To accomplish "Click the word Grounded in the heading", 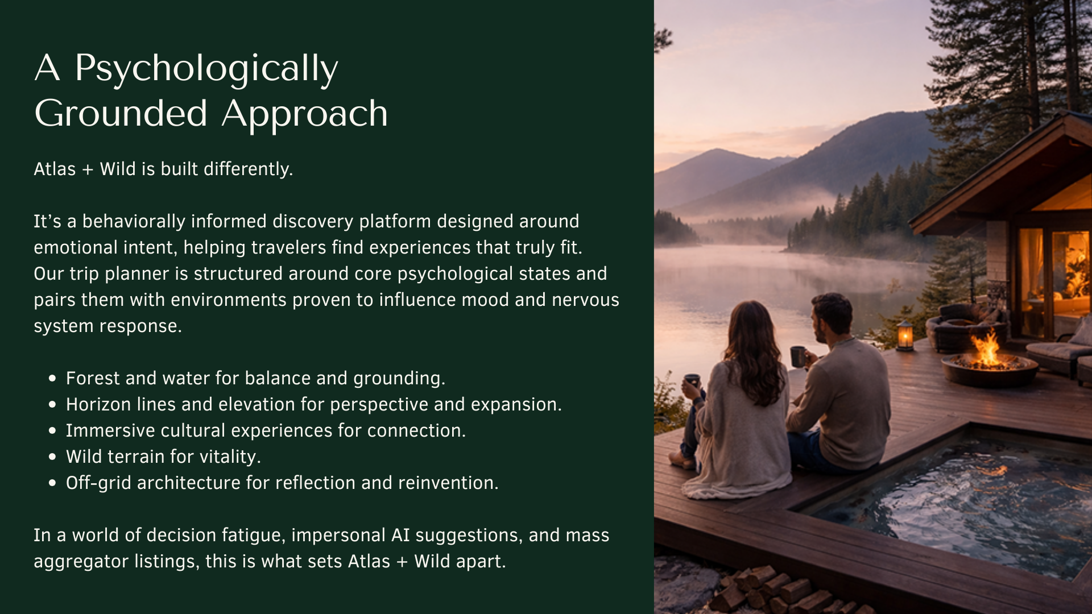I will pyautogui.click(x=121, y=114).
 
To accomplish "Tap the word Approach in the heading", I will pyautogui.click(x=304, y=114).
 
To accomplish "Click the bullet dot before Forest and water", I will pyautogui.click(x=53, y=379).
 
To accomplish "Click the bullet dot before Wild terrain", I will pyautogui.click(x=53, y=457).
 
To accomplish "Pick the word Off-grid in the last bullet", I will pyautogui.click(x=98, y=483).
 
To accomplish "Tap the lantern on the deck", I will pyautogui.click(x=905, y=335).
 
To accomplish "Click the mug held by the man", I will pyautogui.click(x=798, y=357).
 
